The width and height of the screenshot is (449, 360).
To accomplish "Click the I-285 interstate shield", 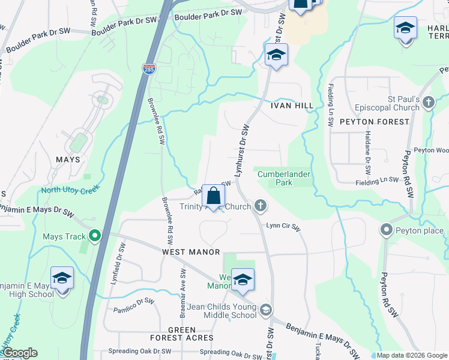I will point(149,70).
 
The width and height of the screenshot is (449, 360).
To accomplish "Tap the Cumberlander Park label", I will point(284,178).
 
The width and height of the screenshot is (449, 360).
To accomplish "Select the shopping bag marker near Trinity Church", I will point(213,196).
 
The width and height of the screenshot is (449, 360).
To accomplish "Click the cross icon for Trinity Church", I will point(260,206).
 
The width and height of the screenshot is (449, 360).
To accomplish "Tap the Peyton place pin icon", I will point(386,230).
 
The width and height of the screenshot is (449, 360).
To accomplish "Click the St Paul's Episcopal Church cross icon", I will point(428,103).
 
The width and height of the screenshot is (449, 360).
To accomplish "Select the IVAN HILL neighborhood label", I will point(292,106).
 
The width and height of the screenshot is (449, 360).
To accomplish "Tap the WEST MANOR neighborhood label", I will point(191,253).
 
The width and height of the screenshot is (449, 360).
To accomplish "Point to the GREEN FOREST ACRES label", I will point(182,334).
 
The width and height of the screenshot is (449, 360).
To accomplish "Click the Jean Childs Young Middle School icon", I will point(266,310).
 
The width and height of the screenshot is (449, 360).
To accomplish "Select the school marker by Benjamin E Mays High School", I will point(62,279).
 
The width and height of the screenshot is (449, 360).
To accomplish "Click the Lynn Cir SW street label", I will point(283,227).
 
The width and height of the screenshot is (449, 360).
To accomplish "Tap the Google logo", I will point(19,353).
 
